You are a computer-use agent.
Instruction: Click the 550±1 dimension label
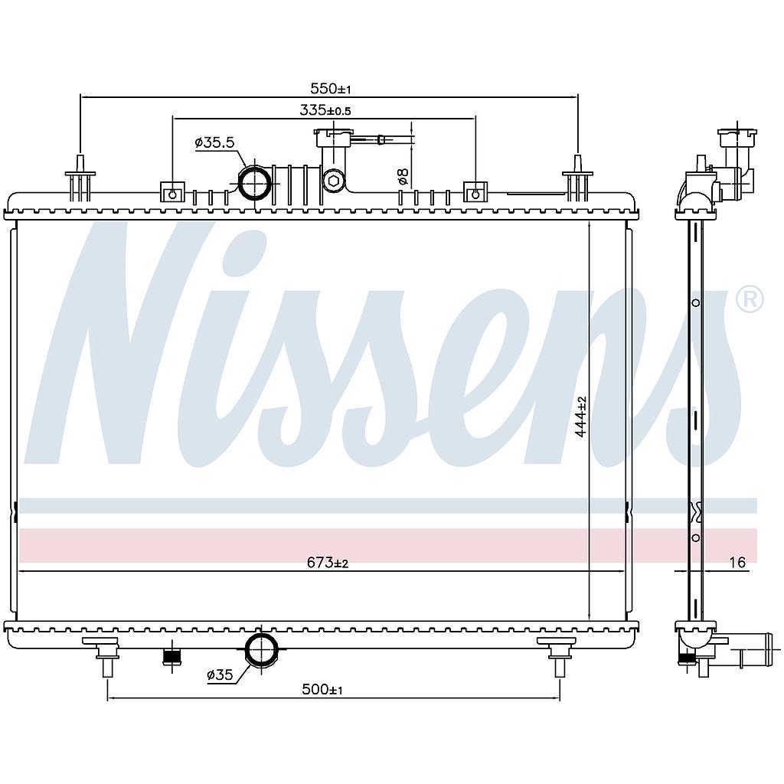[331, 89]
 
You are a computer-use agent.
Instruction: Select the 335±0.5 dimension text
[325, 109]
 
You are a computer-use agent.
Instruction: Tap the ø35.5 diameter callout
[214, 142]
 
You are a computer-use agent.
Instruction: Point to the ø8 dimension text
[403, 175]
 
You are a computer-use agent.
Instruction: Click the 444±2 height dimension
[580, 416]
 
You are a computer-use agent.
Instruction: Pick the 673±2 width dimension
[328, 563]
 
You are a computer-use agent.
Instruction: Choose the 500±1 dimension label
[322, 690]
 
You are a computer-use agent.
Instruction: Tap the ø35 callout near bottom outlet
[220, 675]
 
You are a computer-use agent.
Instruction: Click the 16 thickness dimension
[737, 563]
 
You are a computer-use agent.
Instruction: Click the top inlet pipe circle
[255, 183]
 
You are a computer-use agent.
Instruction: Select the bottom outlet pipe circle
[261, 649]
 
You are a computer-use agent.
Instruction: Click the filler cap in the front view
[334, 137]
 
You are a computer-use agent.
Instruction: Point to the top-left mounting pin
[80, 178]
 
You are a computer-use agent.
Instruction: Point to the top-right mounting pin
[577, 178]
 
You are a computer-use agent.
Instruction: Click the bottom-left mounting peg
[106, 657]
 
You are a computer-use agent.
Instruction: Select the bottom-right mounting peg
[560, 657]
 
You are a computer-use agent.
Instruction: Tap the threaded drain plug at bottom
[172, 658]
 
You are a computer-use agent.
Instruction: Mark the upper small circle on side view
[695, 303]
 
